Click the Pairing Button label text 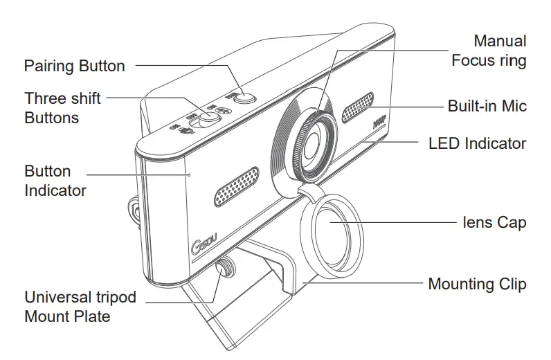tap(74, 66)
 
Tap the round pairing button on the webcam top tap(242, 98)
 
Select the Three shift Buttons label tap(62, 108)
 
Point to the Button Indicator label tap(55, 180)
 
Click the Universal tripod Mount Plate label tap(80, 307)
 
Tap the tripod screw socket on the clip tap(225, 268)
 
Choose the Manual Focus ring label tap(489, 51)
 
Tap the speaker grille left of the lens tap(236, 186)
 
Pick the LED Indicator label tap(478, 144)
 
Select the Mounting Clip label tap(477, 284)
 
